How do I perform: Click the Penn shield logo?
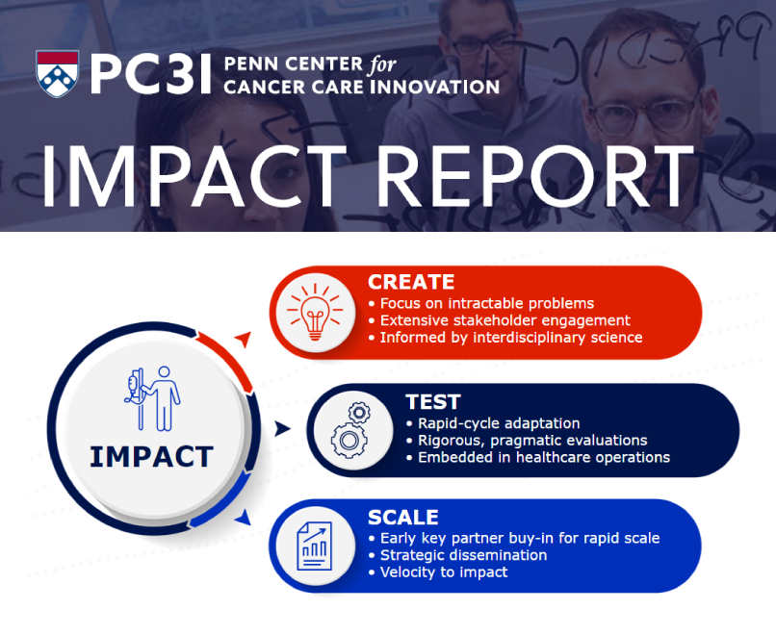point(58,73)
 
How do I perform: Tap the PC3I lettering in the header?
point(150,74)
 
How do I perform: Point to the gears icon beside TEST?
point(349,430)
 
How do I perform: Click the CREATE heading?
point(411,282)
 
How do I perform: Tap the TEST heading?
point(433,402)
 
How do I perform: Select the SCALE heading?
point(402,517)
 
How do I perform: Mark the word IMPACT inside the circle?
point(151,455)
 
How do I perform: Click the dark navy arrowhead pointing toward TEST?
point(281,429)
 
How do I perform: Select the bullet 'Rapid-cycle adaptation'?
point(499,423)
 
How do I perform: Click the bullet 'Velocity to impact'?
point(444,572)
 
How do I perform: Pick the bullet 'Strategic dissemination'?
point(463,555)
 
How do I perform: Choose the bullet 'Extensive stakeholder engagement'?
point(504,320)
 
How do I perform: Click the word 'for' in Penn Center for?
point(381,64)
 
